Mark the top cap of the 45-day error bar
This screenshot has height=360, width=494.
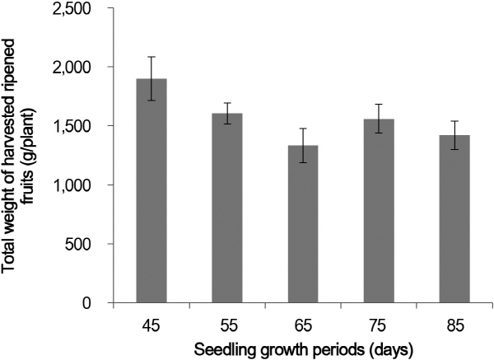151,57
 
